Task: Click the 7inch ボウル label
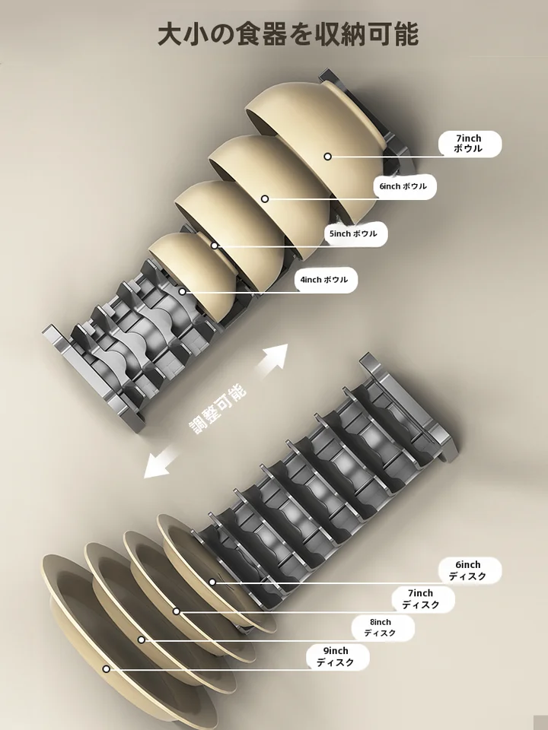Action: pos(470,144)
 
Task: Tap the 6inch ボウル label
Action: pos(404,186)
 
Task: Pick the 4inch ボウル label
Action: pos(326,280)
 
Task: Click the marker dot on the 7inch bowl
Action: pos(327,157)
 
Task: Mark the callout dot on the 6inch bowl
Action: pos(265,198)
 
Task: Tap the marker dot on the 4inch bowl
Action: pos(182,291)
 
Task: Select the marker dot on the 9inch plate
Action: pos(107,669)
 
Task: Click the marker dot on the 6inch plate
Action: pos(212,582)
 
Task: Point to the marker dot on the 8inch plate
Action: pos(142,640)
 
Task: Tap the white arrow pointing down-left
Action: pos(159,462)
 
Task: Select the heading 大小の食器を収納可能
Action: pos(288,34)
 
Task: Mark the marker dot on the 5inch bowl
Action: pos(215,246)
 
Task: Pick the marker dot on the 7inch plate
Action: pos(177,611)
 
